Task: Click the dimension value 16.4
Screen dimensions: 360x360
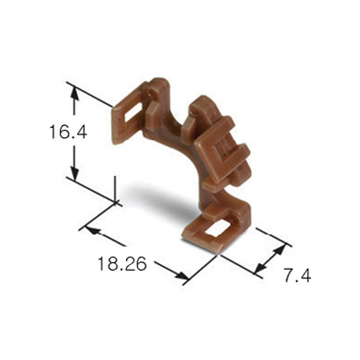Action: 68,132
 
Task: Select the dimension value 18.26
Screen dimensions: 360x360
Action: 122,263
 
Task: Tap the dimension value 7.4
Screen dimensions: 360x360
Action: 297,275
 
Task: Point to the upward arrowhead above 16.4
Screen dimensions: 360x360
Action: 74,93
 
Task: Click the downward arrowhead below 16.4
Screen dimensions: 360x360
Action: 74,172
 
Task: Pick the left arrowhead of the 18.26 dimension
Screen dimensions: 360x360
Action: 92,231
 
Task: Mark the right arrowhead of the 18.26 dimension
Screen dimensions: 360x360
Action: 181,275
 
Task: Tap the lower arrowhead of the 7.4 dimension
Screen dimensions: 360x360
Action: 259,268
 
